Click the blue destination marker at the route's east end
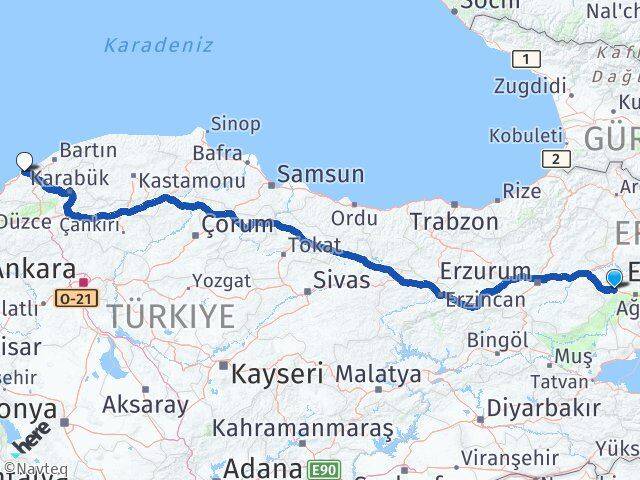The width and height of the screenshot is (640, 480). (x=614, y=277)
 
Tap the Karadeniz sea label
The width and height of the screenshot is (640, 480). (x=158, y=46)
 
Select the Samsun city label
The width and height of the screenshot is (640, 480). (x=320, y=174)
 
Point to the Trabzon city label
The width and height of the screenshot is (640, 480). (x=454, y=221)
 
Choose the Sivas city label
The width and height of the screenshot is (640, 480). (x=342, y=280)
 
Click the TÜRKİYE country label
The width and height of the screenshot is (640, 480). (x=172, y=317)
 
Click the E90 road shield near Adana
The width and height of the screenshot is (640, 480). (x=321, y=468)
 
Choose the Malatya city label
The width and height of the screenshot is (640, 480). (x=378, y=375)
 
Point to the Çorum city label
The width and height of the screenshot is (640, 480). (x=237, y=224)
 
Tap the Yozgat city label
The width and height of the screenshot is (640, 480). (x=221, y=280)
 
